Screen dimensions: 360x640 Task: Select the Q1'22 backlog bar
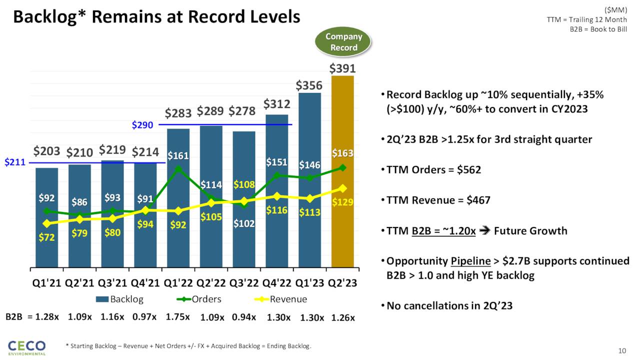(178, 235)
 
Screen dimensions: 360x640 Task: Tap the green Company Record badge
(344, 42)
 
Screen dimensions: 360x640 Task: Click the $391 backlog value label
(342, 68)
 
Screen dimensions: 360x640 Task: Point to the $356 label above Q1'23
(309, 85)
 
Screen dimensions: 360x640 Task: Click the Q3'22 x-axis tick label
(244, 283)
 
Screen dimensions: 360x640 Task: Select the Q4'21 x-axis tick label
(145, 283)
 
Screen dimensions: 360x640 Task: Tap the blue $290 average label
(142, 125)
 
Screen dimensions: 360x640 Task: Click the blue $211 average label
(14, 162)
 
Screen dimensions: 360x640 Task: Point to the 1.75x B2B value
(178, 316)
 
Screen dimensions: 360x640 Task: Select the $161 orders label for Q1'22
(178, 155)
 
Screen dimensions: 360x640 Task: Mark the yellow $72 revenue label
(46, 237)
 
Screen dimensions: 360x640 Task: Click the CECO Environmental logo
(26, 347)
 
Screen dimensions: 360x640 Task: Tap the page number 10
(622, 350)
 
